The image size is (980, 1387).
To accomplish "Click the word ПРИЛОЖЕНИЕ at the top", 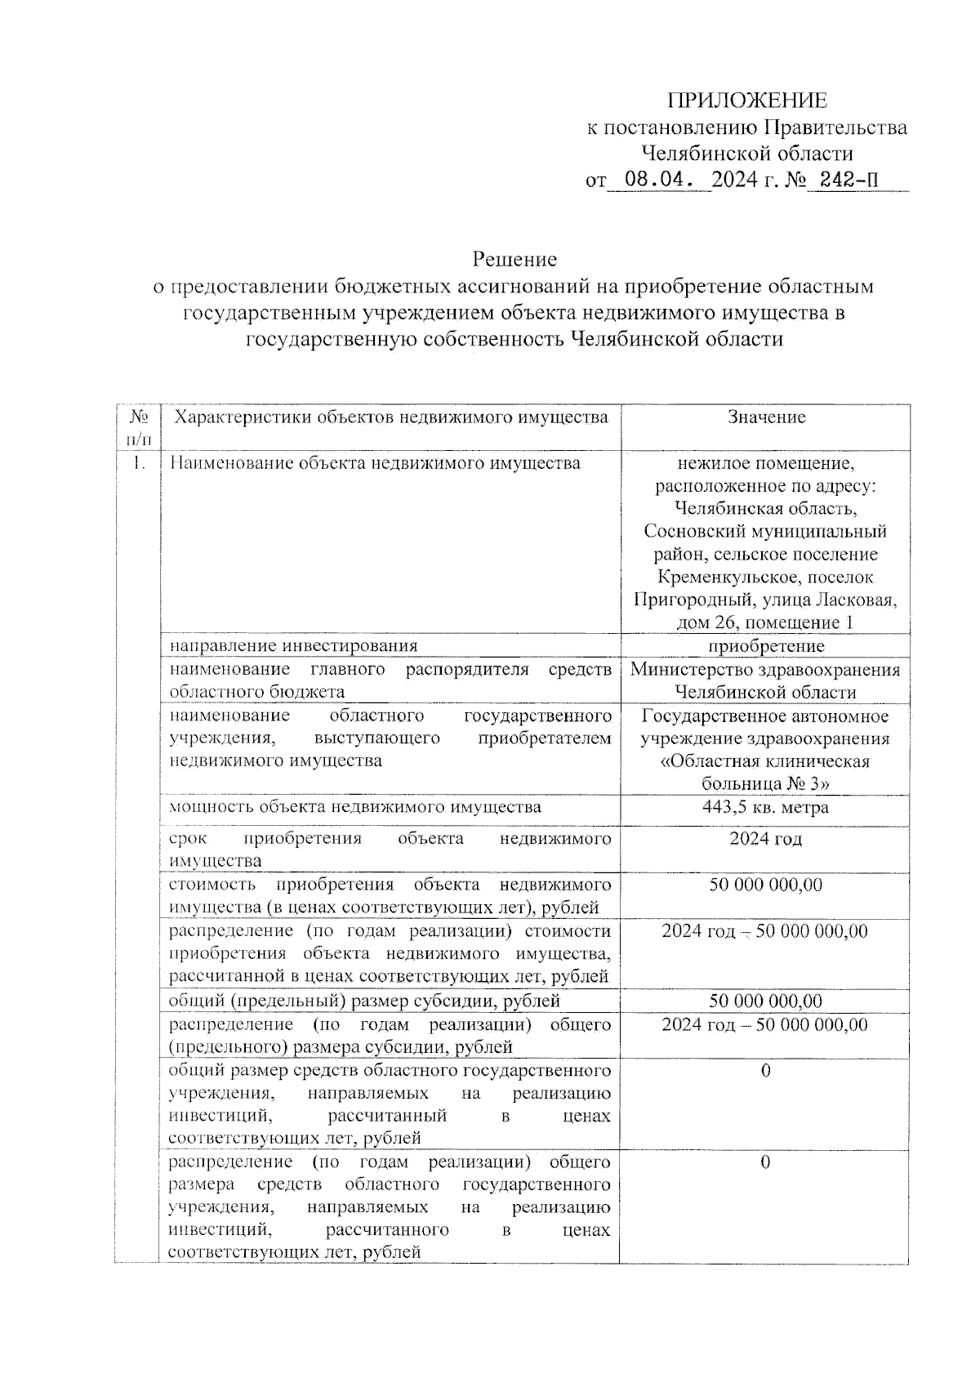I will click(746, 100).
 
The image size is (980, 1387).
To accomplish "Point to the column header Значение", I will click(766, 417).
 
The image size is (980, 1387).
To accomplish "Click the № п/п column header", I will click(137, 427).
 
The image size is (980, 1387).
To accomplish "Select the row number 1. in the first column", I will click(139, 463).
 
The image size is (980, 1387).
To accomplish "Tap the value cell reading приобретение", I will click(766, 646).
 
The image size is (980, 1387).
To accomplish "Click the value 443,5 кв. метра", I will click(765, 807).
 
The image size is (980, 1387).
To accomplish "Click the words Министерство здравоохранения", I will click(765, 670).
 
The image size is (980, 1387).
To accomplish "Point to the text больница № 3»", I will click(765, 784).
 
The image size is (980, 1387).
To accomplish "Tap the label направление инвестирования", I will click(293, 646).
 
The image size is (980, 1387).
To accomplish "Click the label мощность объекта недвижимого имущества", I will click(354, 807).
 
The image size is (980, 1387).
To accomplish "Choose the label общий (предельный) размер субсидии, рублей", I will click(364, 1001).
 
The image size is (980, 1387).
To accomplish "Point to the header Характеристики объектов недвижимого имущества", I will click(392, 417).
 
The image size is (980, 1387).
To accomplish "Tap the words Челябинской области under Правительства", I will click(746, 153).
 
